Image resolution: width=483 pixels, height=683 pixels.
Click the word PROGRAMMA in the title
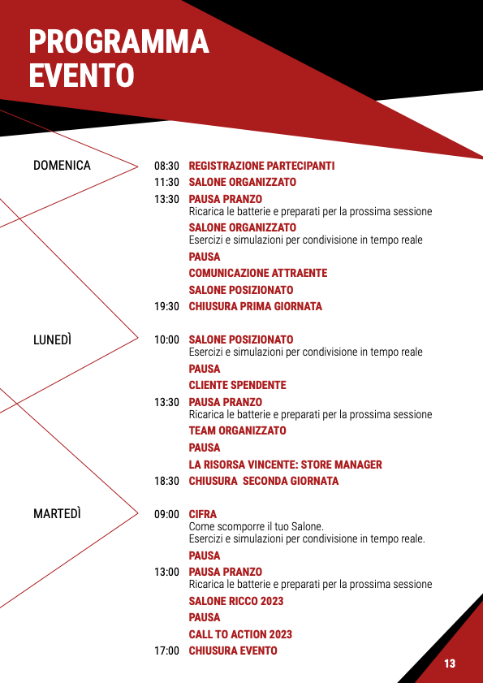tap(119, 41)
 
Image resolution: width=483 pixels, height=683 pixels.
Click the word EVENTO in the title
tap(81, 75)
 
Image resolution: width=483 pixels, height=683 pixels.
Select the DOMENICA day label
tap(62, 166)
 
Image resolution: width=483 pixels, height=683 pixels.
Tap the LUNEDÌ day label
tap(52, 339)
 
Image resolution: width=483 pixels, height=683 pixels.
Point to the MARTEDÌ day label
tap(57, 514)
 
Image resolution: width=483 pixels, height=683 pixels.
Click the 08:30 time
tap(166, 166)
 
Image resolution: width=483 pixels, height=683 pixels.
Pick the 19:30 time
tap(166, 307)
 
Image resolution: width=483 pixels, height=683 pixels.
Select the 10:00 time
tap(166, 339)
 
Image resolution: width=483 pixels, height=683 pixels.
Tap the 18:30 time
tap(166, 482)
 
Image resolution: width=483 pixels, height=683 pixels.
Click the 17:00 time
tap(166, 651)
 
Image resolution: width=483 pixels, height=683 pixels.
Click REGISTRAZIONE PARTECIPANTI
tap(261, 166)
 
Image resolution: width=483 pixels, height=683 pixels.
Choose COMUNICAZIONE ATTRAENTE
tap(258, 273)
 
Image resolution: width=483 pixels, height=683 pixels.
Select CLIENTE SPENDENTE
tap(237, 385)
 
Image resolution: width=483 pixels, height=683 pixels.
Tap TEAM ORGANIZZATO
tap(237, 430)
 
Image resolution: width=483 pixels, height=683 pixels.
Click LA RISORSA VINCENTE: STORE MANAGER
tap(285, 465)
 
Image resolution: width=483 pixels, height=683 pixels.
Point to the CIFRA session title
tap(202, 514)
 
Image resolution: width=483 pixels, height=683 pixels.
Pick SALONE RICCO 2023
tap(236, 601)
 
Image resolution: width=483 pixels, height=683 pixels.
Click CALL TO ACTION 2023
tap(240, 634)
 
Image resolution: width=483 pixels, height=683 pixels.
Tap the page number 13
tap(450, 664)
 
